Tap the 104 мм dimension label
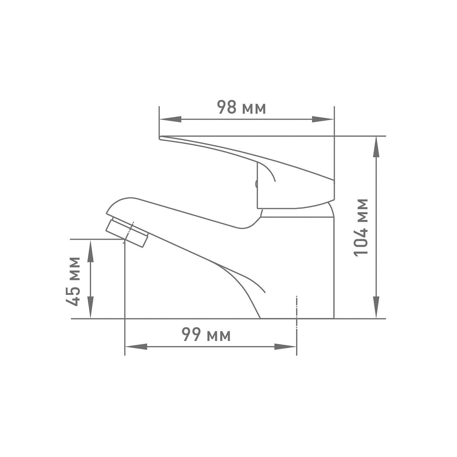(x=361, y=227)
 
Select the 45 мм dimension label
(x=73, y=282)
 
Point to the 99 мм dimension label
(x=206, y=335)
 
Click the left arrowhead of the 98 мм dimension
(x=170, y=119)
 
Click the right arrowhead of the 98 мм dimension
(x=323, y=119)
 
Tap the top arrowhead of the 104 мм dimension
(x=377, y=147)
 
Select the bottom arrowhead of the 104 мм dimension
(x=377, y=307)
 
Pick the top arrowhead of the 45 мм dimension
(x=90, y=251)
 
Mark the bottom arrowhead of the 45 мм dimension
(x=90, y=307)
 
